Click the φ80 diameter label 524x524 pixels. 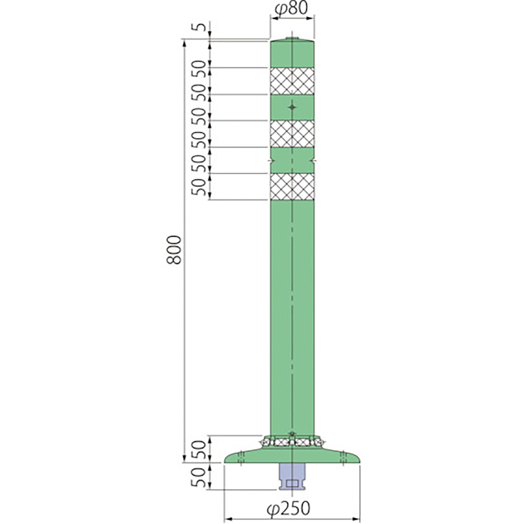click(291, 9)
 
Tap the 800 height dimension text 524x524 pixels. click(174, 250)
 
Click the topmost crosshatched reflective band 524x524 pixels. click(292, 81)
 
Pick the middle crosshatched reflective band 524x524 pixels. click(292, 134)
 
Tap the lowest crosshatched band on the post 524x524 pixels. click(292, 187)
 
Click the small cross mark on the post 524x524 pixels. click(292, 107)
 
